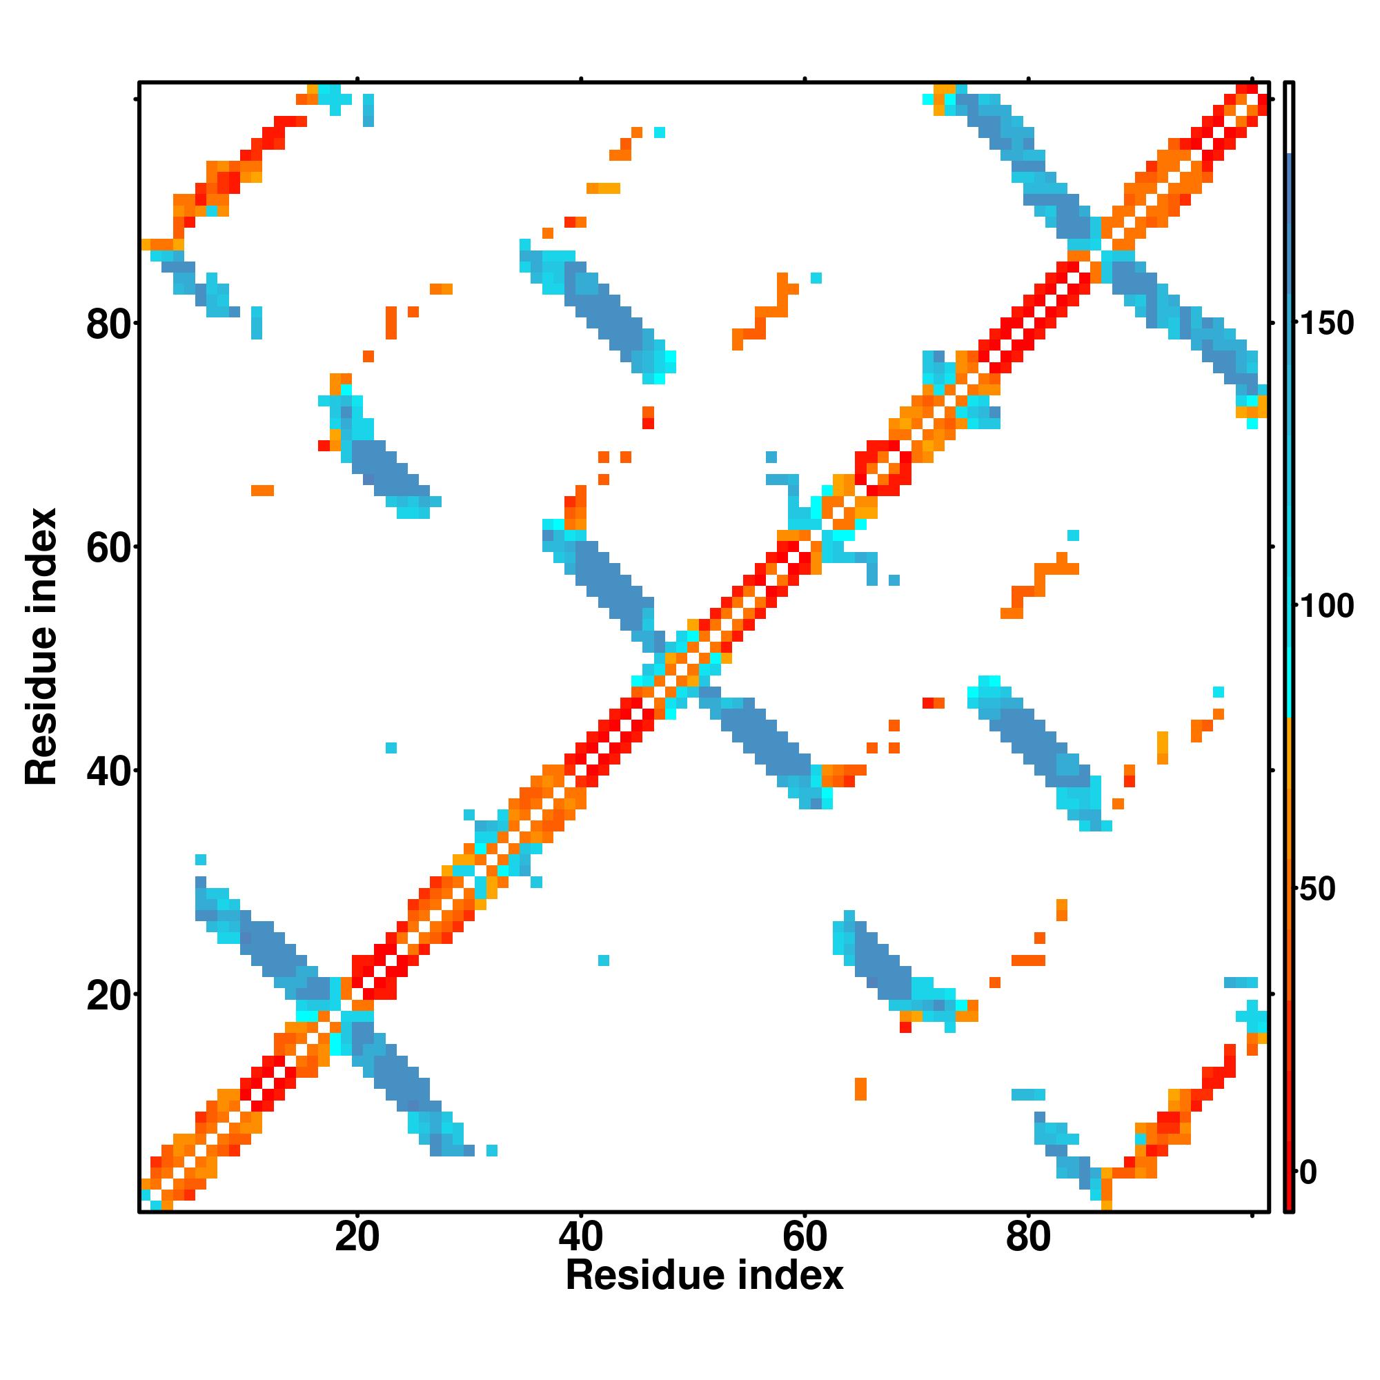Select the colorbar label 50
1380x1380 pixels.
click(1317, 889)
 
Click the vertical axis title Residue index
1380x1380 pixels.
click(41, 647)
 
